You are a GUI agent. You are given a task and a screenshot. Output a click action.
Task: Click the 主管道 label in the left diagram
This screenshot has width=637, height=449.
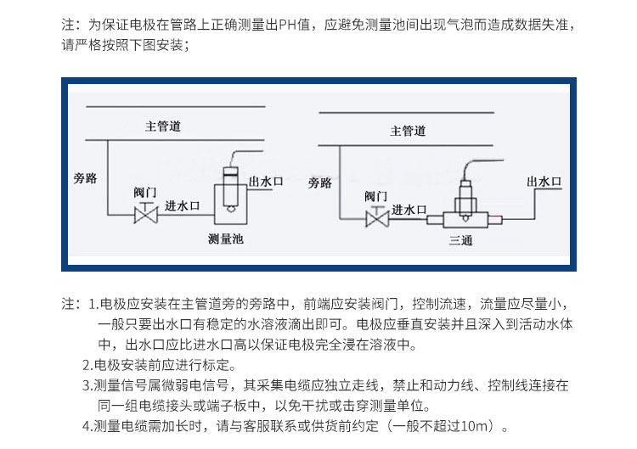pos(162,126)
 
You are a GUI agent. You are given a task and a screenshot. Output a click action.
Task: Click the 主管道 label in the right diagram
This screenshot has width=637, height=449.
pos(408,131)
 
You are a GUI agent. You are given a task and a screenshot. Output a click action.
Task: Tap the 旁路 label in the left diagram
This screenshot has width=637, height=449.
pos(87,178)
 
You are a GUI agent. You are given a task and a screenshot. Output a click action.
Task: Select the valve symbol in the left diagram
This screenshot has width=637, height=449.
pos(147,216)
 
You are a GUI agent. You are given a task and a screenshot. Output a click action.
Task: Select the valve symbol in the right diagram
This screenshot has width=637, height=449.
pos(375,220)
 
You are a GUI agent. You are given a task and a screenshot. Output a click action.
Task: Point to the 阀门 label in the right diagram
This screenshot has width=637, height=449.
pos(376,196)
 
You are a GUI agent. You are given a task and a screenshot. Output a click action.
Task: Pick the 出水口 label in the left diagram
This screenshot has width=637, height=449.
pos(266,182)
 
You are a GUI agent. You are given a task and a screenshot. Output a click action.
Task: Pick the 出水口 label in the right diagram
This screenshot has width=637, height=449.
pos(544,181)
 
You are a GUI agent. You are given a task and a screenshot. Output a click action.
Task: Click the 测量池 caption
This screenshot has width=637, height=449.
pos(226,239)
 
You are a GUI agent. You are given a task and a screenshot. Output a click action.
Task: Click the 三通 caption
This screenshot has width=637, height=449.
pos(461,240)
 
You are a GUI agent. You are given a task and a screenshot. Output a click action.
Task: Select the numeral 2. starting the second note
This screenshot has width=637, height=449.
pos(87,365)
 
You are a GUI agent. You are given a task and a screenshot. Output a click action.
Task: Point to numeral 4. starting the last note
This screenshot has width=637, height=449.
pos(87,426)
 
